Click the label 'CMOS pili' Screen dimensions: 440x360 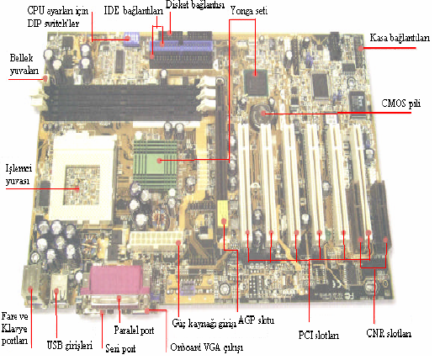pos(401,103)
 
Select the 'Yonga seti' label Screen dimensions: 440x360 pos(249,11)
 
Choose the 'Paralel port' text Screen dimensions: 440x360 pos(134,330)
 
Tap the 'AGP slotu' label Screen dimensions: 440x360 pos(257,320)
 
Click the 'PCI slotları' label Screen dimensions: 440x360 pos(319,336)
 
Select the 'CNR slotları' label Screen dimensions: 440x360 pos(389,333)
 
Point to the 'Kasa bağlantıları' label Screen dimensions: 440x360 pos(400,38)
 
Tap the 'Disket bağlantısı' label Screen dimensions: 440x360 pos(195,5)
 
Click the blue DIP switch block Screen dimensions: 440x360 pos(130,38)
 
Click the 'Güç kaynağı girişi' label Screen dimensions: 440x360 pos(204,324)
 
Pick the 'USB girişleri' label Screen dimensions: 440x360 pos(70,345)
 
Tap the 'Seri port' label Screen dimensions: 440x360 pos(120,349)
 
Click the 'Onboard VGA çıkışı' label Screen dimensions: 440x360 pos(206,347)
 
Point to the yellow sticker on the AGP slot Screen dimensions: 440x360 pos(223,212)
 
